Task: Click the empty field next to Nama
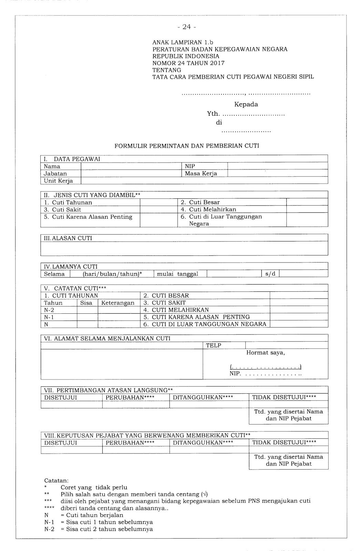[131, 166]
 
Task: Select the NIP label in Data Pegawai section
[190, 166]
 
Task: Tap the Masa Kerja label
[201, 174]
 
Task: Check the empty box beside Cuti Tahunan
[158, 202]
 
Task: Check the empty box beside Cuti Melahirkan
[307, 209]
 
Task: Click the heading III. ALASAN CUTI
[68, 238]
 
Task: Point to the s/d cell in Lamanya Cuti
[270, 274]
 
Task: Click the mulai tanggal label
[177, 274]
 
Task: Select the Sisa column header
[86, 303]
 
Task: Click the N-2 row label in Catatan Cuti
[49, 310]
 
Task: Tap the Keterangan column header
[118, 303]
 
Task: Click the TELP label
[214, 345]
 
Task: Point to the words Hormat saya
[265, 353]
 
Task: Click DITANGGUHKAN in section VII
[203, 397]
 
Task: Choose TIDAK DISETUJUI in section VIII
[284, 443]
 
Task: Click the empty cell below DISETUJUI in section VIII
[71, 450]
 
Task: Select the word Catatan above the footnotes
[56, 480]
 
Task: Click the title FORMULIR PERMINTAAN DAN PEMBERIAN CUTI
[187, 146]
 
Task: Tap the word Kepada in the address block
[246, 104]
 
